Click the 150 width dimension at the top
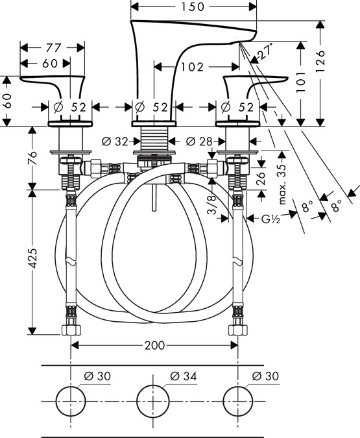pyautogui.click(x=193, y=6)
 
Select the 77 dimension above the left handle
pyautogui.click(x=53, y=48)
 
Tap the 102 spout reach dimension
pyautogui.click(x=192, y=67)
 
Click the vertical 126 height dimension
pyautogui.click(x=320, y=62)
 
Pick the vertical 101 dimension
pyautogui.click(x=301, y=82)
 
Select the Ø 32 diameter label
pyautogui.click(x=115, y=141)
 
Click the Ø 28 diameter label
pyautogui.click(x=199, y=141)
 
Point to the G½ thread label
pyautogui.click(x=270, y=219)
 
